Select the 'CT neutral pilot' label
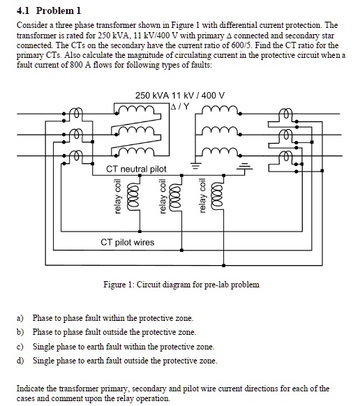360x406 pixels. pyautogui.click(x=136, y=169)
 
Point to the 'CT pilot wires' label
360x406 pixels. pyautogui.click(x=128, y=242)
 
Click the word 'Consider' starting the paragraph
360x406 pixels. pyautogui.click(x=31, y=24)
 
